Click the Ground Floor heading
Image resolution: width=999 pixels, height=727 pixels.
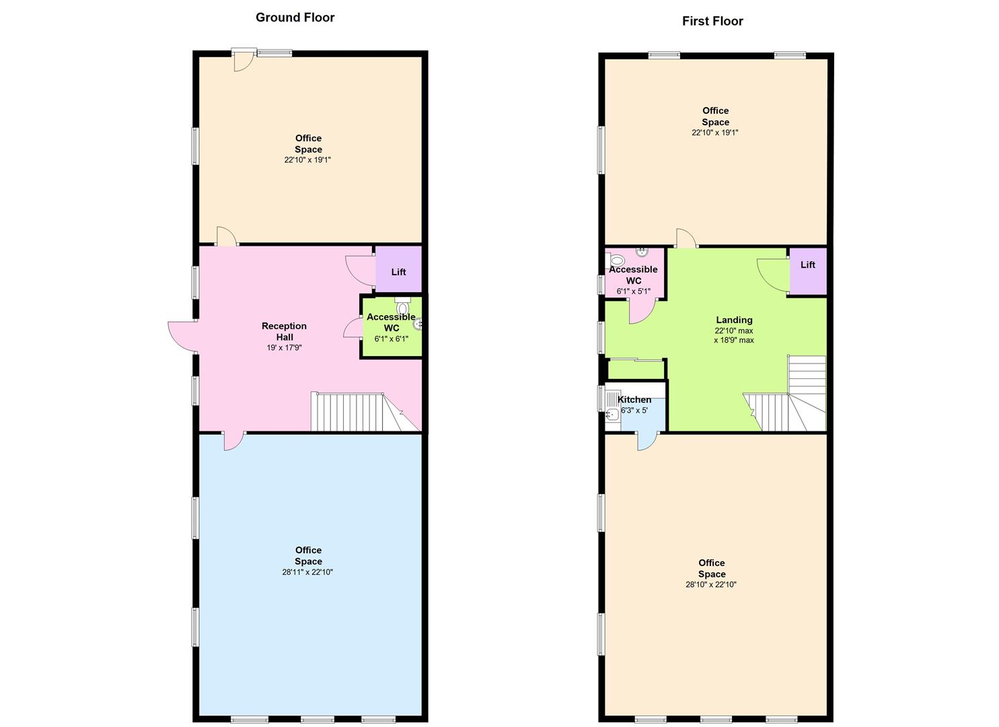tap(295, 18)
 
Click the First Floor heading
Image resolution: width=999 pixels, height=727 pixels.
tap(712, 22)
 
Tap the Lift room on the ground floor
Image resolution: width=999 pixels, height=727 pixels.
tap(399, 269)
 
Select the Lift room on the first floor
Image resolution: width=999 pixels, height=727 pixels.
tap(808, 271)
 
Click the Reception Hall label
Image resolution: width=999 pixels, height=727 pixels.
tap(284, 332)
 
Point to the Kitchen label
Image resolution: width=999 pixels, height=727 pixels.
tap(634, 399)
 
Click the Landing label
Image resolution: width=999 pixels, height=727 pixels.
tap(734, 320)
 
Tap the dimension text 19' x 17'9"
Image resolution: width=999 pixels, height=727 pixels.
tap(284, 347)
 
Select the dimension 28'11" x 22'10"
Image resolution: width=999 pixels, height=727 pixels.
tap(307, 572)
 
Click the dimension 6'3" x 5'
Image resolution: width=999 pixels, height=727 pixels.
tap(634, 410)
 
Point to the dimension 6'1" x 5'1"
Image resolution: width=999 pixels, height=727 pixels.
tap(633, 291)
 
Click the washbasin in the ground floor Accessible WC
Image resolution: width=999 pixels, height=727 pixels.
tap(418, 324)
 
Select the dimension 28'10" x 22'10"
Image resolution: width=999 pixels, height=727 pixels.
tap(711, 585)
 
